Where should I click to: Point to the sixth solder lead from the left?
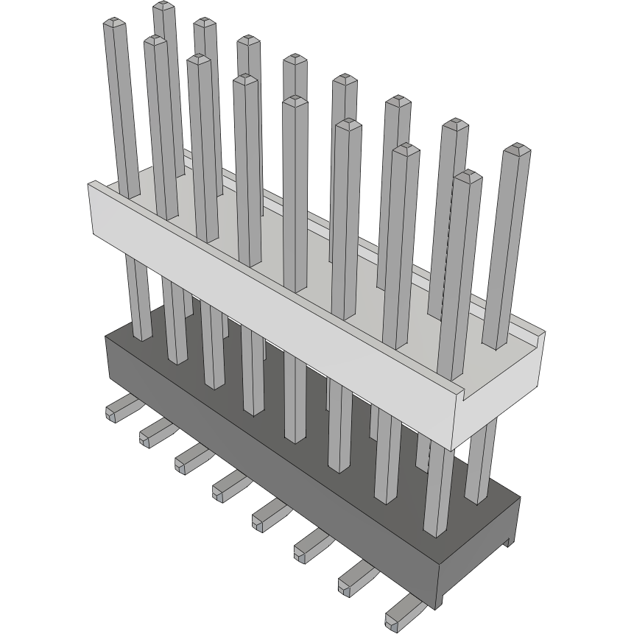pos(311,546)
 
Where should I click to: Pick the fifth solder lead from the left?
pos(270,515)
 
